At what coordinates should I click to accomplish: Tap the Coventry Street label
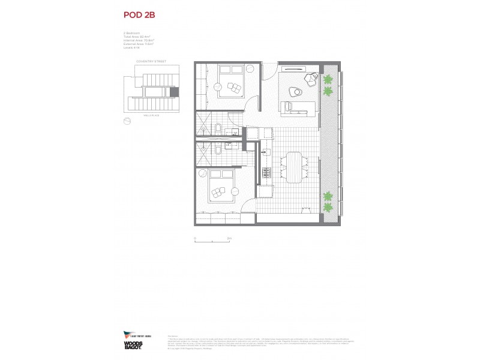pos(150,61)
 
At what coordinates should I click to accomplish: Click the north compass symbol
pos(127,121)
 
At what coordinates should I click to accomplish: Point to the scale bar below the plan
pos(213,241)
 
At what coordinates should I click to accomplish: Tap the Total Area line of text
pos(135,37)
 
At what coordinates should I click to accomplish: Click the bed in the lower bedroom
pos(219,187)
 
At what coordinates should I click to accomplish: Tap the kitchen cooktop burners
pos(266,173)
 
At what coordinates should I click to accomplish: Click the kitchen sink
pos(264,154)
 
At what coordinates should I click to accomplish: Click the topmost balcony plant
pos(328,79)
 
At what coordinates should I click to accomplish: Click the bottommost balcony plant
pos(328,208)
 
